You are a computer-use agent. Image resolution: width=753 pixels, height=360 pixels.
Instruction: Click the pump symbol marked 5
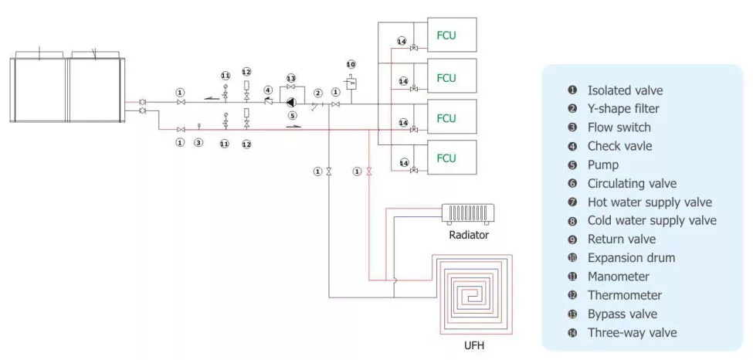click(x=291, y=102)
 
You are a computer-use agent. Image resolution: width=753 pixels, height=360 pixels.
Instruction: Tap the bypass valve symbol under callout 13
click(x=291, y=87)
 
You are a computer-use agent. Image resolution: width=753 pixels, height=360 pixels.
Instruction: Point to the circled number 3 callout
click(x=198, y=143)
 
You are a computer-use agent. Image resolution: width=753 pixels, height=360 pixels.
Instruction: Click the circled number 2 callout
click(x=317, y=93)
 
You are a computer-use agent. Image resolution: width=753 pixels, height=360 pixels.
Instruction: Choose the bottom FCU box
click(x=446, y=159)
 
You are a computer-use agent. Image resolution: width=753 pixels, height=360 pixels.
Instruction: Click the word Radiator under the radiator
click(x=469, y=235)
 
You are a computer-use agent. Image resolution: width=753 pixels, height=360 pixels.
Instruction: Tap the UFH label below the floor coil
click(x=474, y=345)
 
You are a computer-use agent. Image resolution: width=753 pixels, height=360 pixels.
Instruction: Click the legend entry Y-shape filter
click(x=622, y=109)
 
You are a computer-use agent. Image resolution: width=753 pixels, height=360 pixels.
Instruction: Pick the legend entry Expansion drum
click(x=630, y=258)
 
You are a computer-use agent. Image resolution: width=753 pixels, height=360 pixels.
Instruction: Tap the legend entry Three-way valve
click(x=632, y=333)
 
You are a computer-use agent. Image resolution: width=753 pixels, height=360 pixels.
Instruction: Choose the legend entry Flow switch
click(x=618, y=127)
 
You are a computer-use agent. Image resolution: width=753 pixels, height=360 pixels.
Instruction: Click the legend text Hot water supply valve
click(x=649, y=202)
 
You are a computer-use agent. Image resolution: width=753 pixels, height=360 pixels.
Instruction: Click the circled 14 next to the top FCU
click(x=402, y=41)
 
